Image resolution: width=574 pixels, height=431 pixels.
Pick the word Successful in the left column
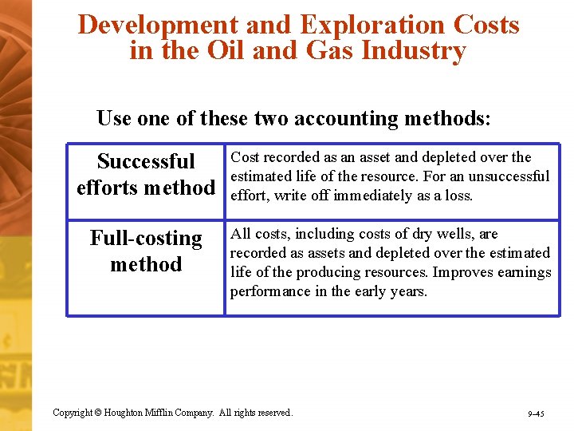pos(146,161)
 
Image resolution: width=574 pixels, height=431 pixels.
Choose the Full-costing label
pos(146,238)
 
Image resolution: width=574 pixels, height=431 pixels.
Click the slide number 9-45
pos(535,414)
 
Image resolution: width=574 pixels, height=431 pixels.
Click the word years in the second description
pos(405,291)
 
